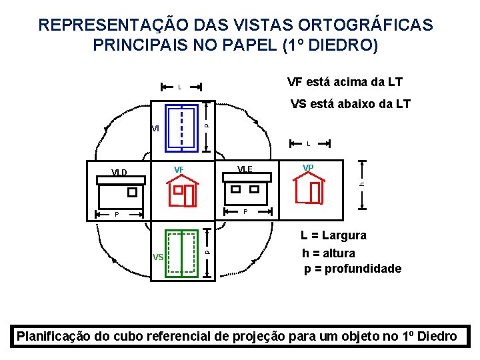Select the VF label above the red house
tap(179, 169)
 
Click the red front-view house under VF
tap(183, 191)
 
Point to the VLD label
tap(119, 173)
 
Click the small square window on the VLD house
tap(132, 192)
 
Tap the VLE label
tap(245, 169)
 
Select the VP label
tap(309, 167)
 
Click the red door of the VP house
tap(315, 192)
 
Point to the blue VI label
tap(155, 128)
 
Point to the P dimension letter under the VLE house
tap(245, 212)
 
